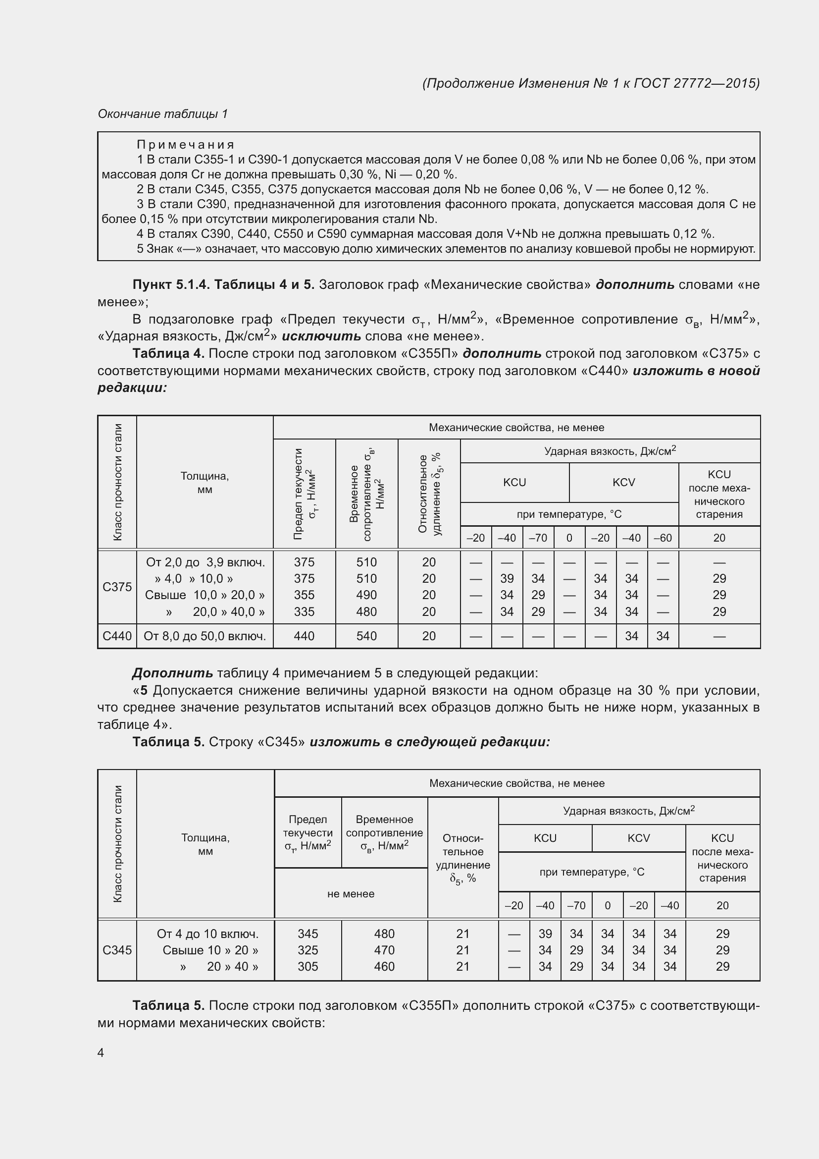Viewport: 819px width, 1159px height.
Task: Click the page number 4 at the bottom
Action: [x=101, y=1052]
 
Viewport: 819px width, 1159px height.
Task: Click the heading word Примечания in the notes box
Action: [x=186, y=145]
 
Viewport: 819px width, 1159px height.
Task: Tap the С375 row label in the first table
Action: [x=117, y=587]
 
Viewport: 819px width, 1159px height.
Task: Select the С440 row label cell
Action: [x=117, y=636]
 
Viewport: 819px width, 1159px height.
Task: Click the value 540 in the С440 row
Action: [x=366, y=636]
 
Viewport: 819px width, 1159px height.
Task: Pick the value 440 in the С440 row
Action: [x=304, y=636]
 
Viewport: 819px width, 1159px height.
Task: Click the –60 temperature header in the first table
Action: [x=663, y=538]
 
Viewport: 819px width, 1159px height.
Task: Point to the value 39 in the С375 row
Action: [x=507, y=578]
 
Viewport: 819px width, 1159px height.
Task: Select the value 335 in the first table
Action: [x=304, y=612]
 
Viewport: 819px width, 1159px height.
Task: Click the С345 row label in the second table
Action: [x=117, y=950]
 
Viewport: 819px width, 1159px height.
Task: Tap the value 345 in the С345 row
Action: [x=307, y=934]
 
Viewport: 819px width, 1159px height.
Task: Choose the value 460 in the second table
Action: [x=384, y=966]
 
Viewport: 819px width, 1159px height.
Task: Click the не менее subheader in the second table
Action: [x=351, y=893]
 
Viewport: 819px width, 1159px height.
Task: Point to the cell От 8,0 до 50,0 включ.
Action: [x=205, y=636]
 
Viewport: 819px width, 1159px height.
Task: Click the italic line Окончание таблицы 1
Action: [x=163, y=114]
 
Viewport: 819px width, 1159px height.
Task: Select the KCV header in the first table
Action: [x=623, y=483]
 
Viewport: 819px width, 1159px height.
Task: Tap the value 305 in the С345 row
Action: [x=307, y=966]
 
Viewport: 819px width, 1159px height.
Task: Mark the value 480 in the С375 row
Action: [x=366, y=612]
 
